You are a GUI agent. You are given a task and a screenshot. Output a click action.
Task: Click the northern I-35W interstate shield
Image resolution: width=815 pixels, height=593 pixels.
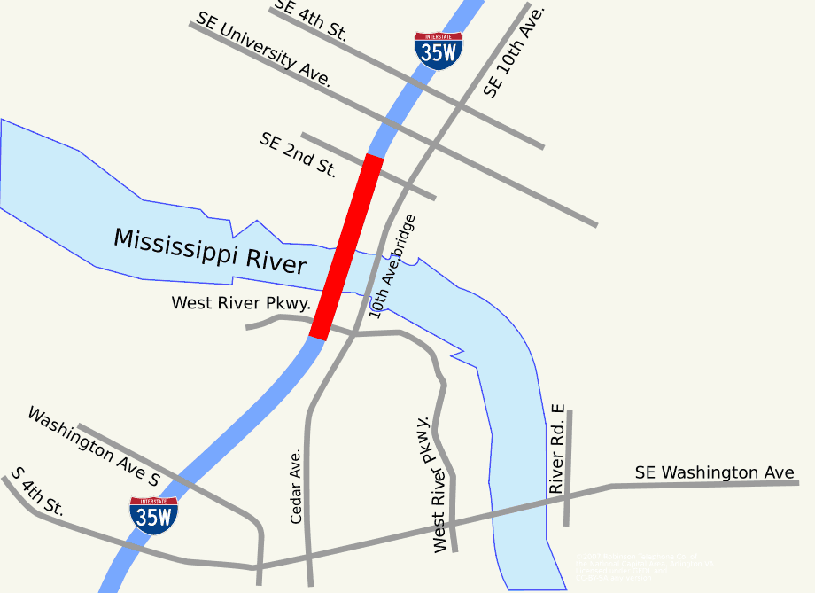(439, 51)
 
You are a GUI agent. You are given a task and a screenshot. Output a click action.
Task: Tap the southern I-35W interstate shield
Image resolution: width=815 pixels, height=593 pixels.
(153, 515)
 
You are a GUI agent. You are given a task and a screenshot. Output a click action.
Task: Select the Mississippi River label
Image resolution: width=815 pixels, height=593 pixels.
(210, 251)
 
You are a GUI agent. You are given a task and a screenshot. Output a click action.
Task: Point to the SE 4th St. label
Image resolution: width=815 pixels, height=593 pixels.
(310, 20)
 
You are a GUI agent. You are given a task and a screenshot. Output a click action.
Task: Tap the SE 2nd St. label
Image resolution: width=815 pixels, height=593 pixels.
(298, 155)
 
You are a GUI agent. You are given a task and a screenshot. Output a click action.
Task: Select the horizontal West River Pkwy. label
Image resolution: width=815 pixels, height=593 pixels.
(240, 303)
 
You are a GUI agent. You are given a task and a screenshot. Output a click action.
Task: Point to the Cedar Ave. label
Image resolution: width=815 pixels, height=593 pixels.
(297, 485)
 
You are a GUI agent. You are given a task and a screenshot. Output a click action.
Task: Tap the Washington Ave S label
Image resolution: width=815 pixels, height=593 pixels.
(93, 447)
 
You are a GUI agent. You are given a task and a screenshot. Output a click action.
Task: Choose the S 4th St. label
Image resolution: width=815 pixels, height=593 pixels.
(37, 492)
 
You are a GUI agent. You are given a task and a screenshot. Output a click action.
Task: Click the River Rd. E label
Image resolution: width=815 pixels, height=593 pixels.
(556, 449)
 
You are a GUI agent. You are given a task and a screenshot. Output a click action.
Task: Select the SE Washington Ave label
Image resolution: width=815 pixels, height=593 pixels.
(714, 472)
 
